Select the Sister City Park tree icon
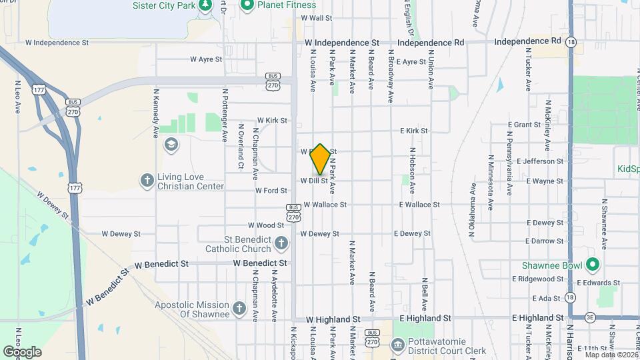[x=207, y=6]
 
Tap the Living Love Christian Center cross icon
[x=147, y=180]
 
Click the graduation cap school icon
[x=172, y=145]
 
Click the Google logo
[x=22, y=351]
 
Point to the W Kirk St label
[x=272, y=121]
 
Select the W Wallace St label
[x=325, y=205]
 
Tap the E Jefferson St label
[x=539, y=161]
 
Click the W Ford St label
[x=271, y=191]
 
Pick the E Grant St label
[x=527, y=125]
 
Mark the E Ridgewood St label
[x=539, y=279]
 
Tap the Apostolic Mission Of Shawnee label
[x=192, y=309]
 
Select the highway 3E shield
[x=589, y=318]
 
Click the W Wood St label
[x=266, y=226]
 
